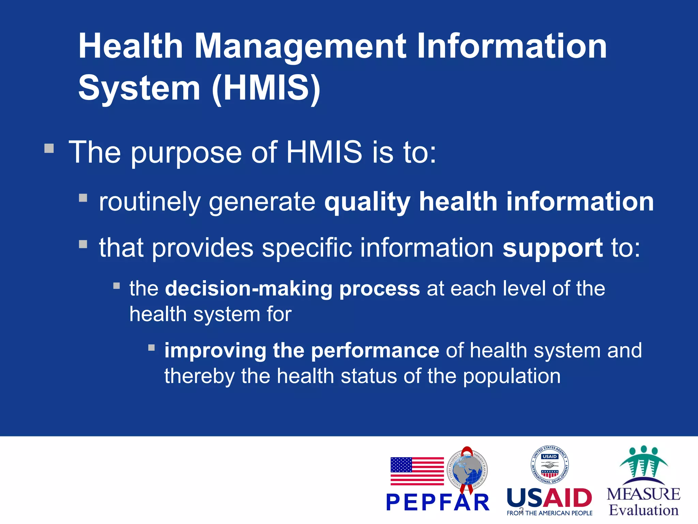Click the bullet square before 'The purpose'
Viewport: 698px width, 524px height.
pos(49,148)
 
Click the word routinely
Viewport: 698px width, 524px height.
pos(150,202)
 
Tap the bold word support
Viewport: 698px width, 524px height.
pos(552,248)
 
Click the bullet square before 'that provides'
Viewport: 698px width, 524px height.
pos(83,244)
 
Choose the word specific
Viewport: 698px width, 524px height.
pos(307,248)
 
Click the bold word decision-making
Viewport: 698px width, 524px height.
pos(248,289)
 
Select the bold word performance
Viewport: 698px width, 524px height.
pos(375,351)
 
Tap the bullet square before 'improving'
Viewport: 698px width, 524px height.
pos(152,348)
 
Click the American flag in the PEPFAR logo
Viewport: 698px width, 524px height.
pos(417,471)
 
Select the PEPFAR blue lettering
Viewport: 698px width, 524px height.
pos(438,503)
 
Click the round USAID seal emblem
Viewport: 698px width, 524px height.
pos(549,465)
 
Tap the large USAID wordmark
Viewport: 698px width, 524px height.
pos(549,498)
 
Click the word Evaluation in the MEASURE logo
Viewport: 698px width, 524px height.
pos(643,510)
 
